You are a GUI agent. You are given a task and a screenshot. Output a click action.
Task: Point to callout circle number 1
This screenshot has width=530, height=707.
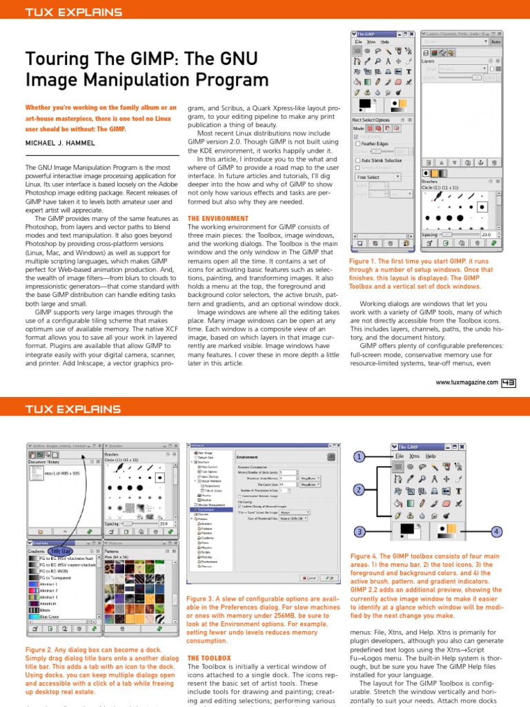[359, 457]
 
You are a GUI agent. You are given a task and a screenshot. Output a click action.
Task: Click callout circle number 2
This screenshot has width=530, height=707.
[359, 490]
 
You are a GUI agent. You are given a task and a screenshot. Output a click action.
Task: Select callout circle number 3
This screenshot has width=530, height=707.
[359, 531]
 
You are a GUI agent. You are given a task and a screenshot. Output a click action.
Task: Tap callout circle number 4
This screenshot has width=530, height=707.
[497, 531]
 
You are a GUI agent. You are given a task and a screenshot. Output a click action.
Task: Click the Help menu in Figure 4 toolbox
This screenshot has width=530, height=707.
[431, 456]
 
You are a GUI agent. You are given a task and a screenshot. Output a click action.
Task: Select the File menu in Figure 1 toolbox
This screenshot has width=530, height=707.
[360, 41]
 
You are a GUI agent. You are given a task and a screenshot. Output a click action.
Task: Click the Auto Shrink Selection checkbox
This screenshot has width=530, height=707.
[357, 159]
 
